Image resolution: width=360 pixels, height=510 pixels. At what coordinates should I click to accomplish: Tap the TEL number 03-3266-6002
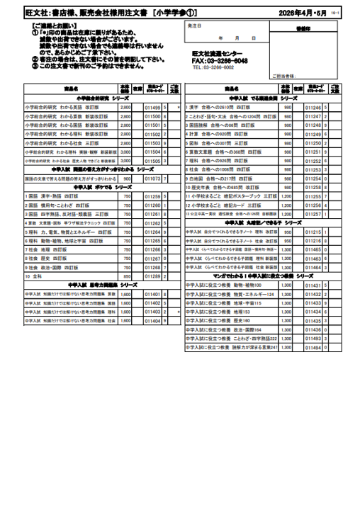213,68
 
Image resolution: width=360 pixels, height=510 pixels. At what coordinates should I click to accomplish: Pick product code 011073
153,179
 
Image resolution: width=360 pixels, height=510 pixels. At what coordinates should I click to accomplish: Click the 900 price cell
127,179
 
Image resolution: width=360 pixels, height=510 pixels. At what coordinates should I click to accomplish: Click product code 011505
153,161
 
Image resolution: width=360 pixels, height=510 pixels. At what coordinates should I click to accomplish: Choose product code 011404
153,321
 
